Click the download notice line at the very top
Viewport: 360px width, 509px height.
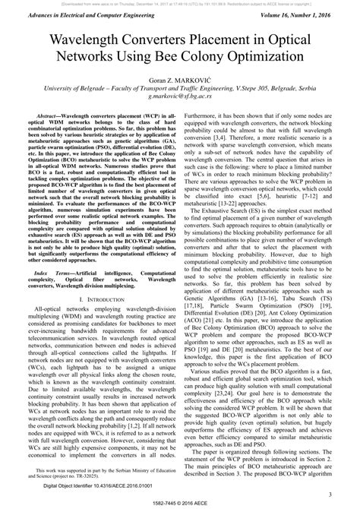coord(180,3)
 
